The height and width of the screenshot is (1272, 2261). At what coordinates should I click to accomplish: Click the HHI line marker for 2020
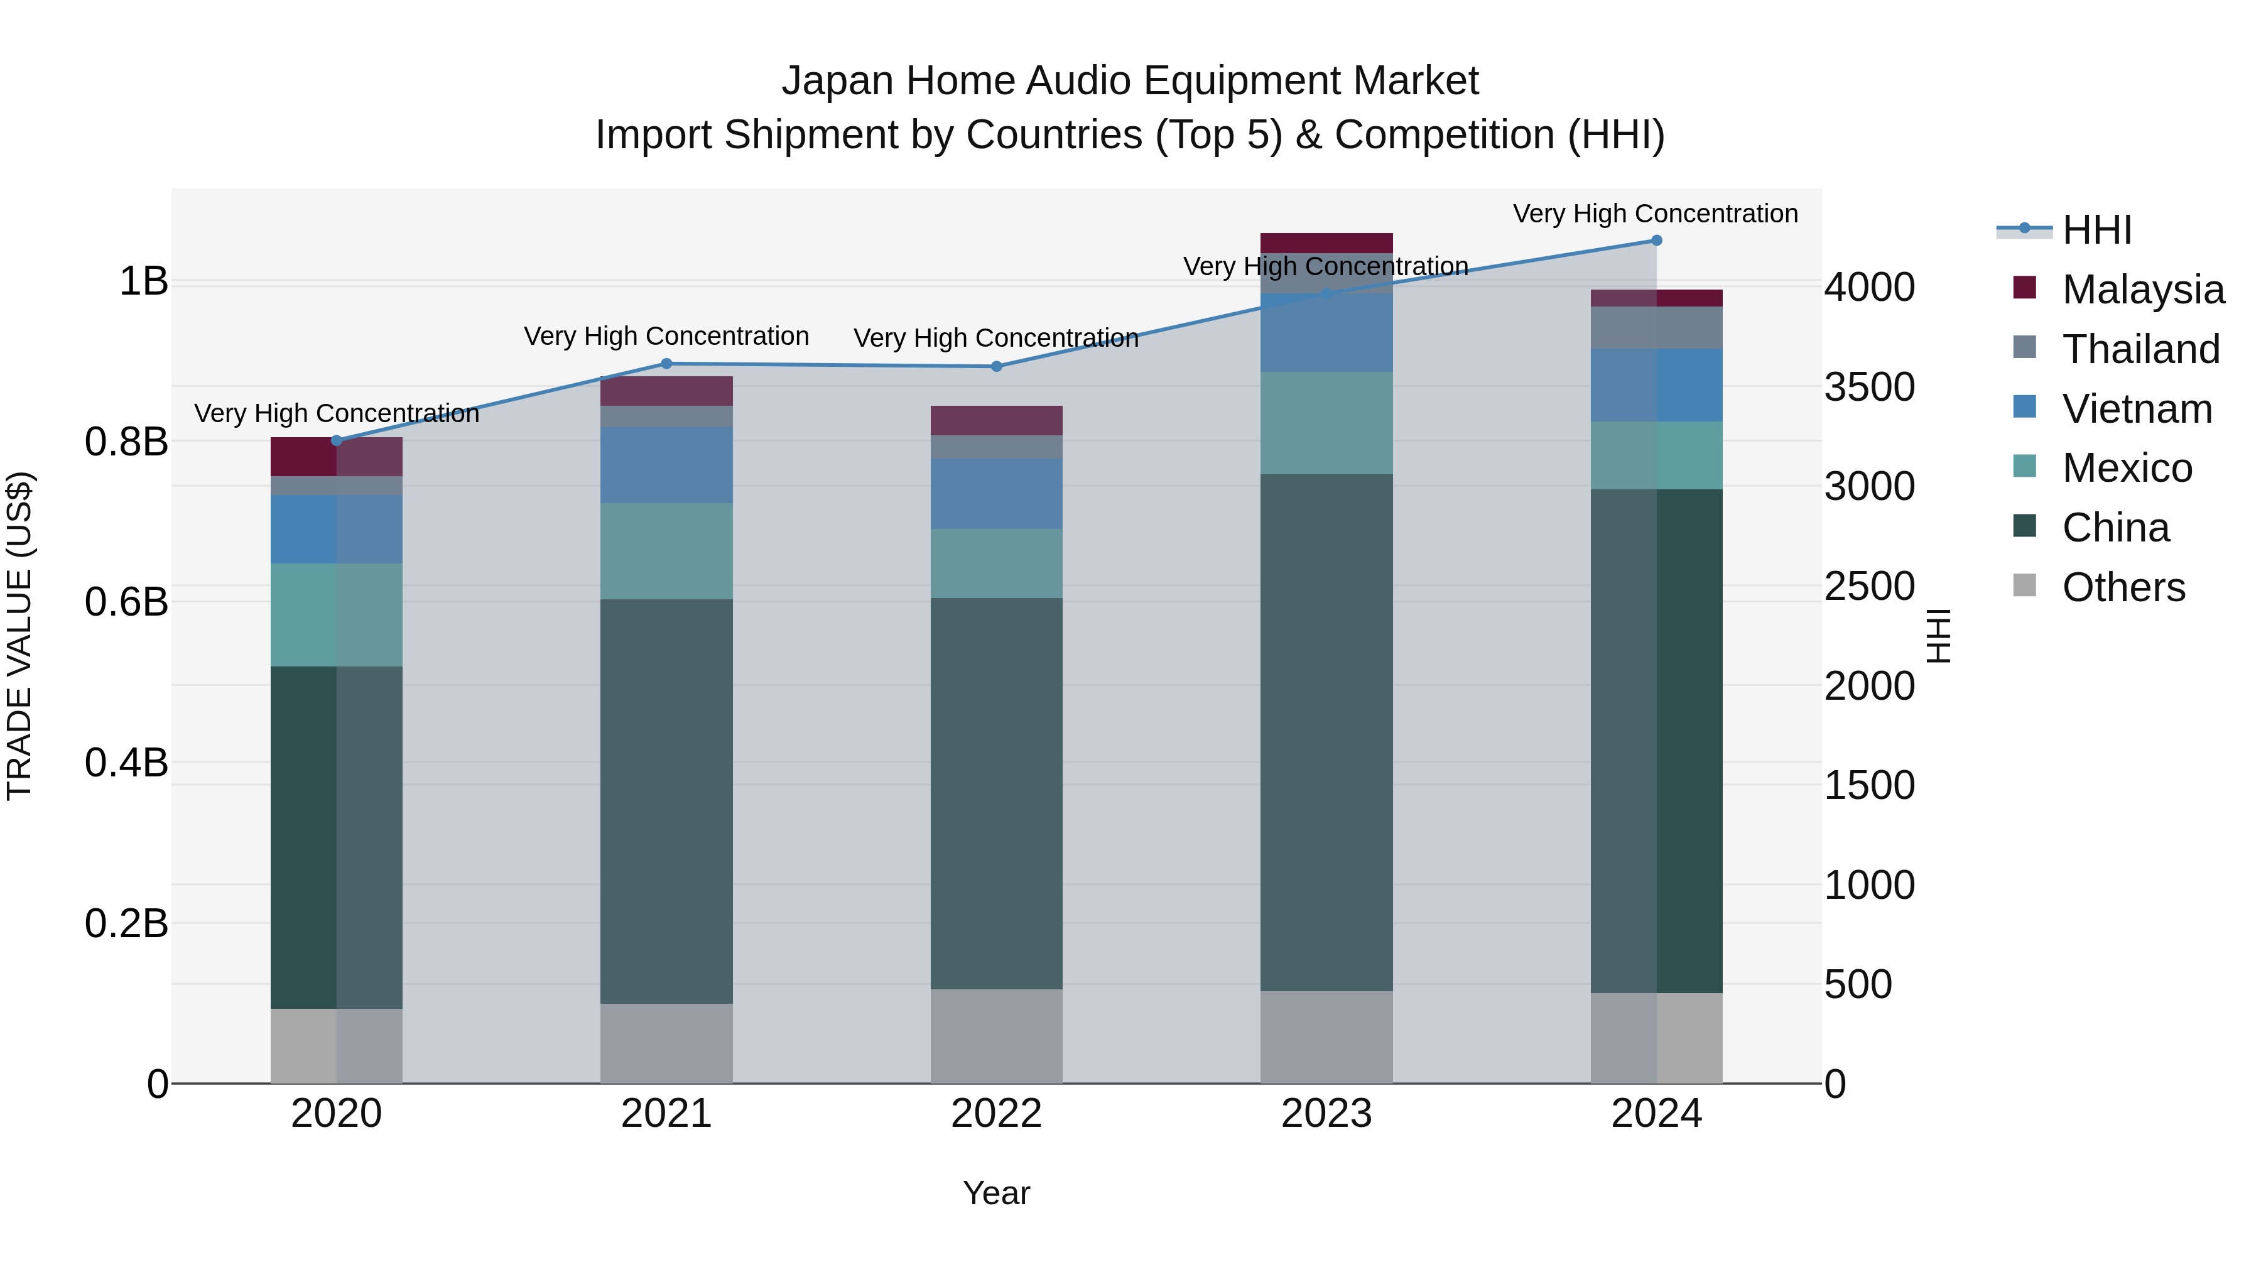coord(336,441)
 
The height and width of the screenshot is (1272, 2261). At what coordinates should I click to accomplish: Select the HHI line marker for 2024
coord(1656,240)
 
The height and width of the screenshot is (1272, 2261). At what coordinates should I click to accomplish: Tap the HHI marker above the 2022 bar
coord(996,366)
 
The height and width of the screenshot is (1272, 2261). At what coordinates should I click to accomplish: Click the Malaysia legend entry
coord(2142,290)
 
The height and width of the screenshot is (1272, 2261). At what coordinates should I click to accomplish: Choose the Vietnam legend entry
coord(2137,409)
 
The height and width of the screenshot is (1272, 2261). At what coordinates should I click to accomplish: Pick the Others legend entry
coord(2123,587)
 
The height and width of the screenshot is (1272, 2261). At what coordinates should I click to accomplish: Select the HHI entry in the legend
coord(2096,230)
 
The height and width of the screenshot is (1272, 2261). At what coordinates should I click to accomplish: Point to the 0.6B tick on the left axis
coord(126,602)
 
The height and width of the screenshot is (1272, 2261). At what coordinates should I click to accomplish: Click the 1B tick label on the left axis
coord(143,282)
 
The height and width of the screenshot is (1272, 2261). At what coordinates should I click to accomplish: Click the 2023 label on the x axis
coord(1326,1114)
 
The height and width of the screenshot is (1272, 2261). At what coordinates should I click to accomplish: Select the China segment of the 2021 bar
coord(666,801)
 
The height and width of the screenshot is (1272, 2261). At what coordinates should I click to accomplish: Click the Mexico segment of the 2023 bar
coord(1326,423)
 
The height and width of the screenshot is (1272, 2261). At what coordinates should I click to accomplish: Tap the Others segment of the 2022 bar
coord(996,1036)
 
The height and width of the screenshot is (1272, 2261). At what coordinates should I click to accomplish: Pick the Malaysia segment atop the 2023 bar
coord(1326,242)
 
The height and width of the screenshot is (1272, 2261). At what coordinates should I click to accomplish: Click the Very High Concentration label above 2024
coord(1656,214)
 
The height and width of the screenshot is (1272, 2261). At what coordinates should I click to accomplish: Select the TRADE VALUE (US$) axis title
coord(19,636)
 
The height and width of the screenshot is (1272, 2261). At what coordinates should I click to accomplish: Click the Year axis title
coord(996,1193)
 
